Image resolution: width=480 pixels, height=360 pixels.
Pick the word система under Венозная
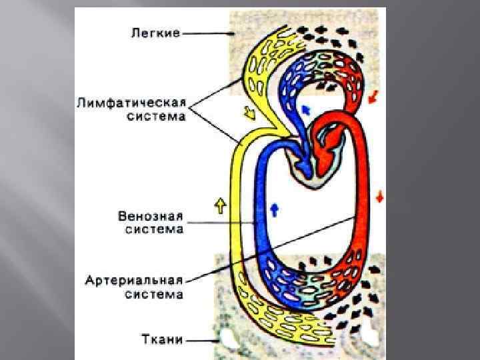point(153,229)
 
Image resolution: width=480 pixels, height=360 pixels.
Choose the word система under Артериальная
point(153,294)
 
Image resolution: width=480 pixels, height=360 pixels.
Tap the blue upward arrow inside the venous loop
point(273,209)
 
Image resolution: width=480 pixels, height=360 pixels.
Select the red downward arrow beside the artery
point(379,197)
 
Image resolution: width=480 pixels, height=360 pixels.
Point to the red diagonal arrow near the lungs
point(373,97)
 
